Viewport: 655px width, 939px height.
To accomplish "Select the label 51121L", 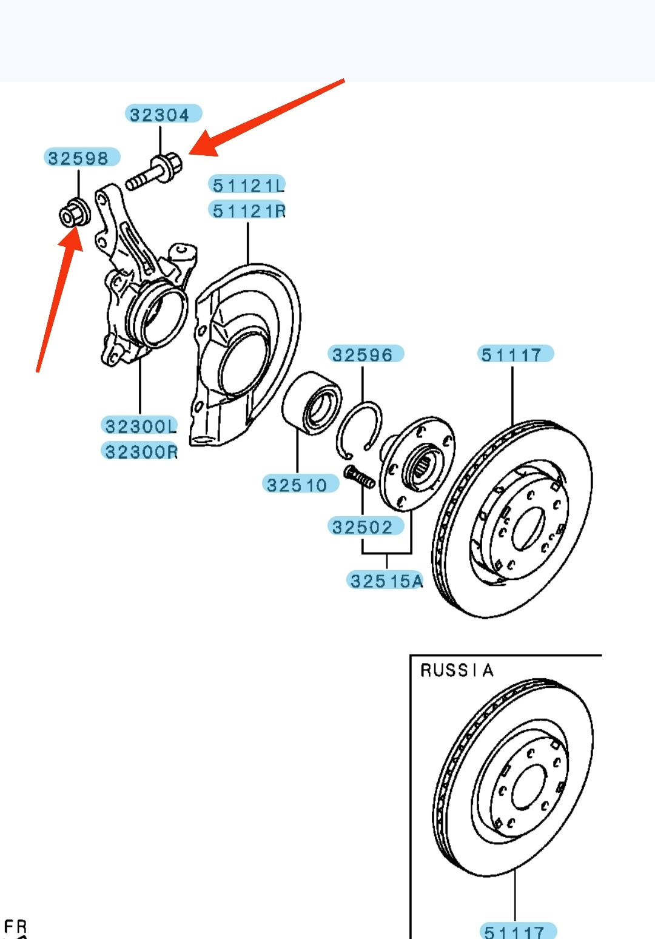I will click(x=247, y=184).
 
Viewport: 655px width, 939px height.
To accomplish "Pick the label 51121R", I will click(x=247, y=210).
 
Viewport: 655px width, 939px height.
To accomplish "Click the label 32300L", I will click(x=140, y=426).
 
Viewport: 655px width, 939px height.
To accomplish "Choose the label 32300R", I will click(x=140, y=451).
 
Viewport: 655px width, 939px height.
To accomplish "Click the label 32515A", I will click(x=386, y=581).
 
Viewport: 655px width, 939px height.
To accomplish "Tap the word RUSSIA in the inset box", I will click(x=457, y=670).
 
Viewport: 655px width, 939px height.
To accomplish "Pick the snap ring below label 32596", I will click(x=358, y=431).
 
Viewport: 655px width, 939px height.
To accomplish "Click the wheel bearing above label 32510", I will click(x=312, y=403).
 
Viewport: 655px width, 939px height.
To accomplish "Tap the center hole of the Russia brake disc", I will click(x=529, y=787).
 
